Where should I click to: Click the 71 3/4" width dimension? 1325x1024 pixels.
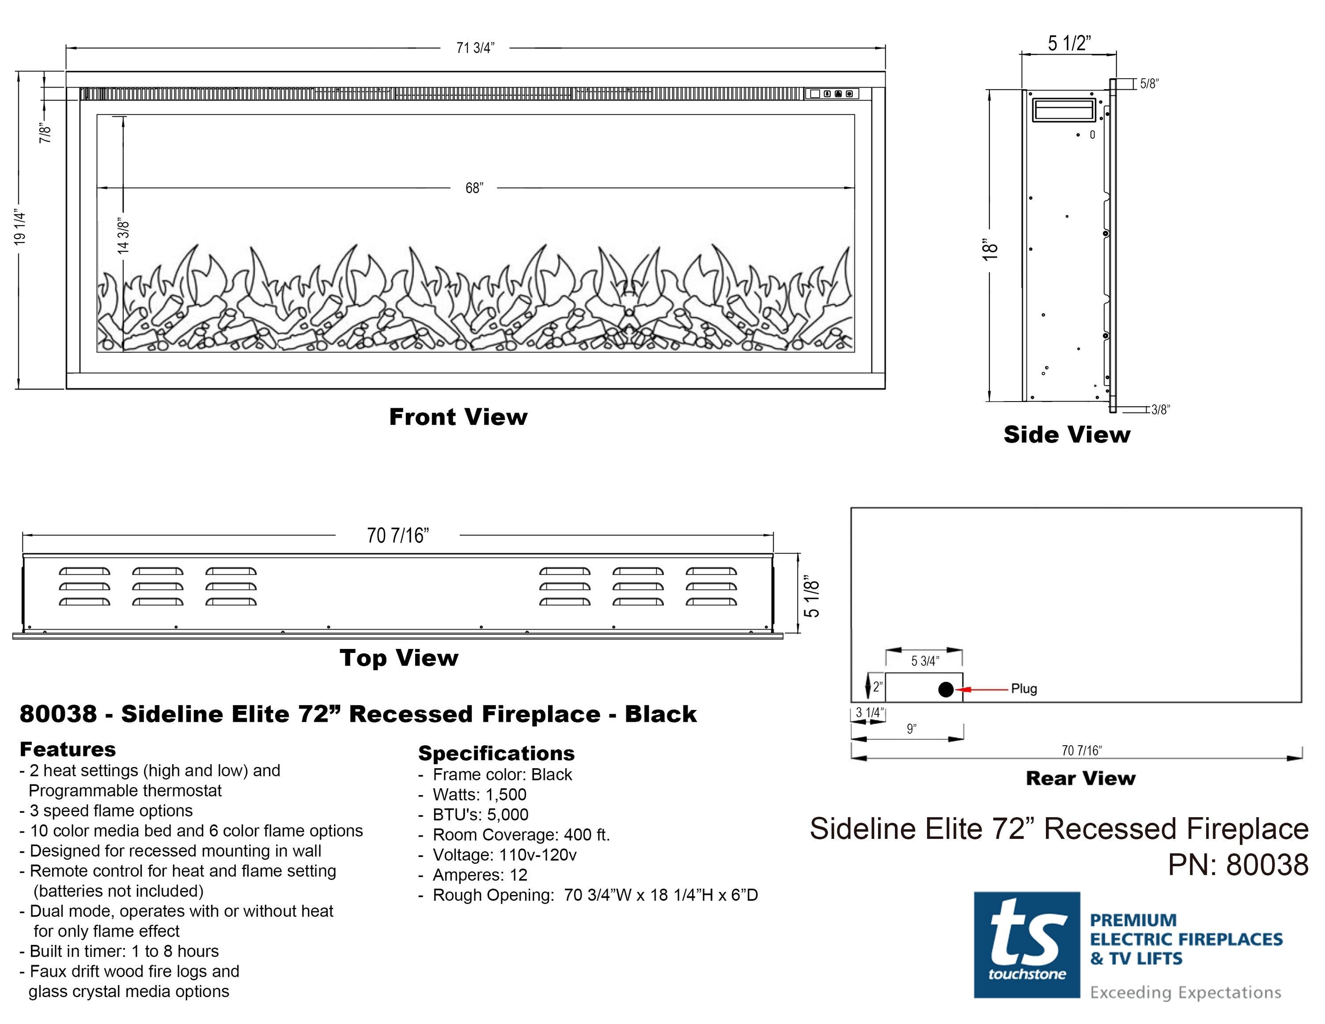pyautogui.click(x=475, y=48)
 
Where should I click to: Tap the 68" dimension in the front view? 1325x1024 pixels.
pyautogui.click(x=474, y=188)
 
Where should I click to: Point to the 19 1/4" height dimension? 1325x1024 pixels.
pyautogui.click(x=20, y=228)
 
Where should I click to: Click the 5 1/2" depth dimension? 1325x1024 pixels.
pyautogui.click(x=1069, y=43)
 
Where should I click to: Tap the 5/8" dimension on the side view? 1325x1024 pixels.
pyautogui.click(x=1148, y=84)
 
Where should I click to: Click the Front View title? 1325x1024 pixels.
pyautogui.click(x=458, y=417)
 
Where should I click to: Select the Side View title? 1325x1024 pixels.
pyautogui.click(x=1067, y=434)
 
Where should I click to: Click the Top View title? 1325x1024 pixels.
pyautogui.click(x=398, y=658)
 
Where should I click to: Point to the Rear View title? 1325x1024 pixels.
pyautogui.click(x=1080, y=778)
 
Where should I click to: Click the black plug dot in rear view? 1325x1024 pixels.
pyautogui.click(x=945, y=689)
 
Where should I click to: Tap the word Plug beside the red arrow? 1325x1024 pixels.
pyautogui.click(x=1024, y=689)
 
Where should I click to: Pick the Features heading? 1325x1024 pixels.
pyautogui.click(x=67, y=749)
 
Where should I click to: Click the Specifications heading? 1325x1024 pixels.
pyautogui.click(x=496, y=754)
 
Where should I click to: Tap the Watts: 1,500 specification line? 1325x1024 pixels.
pyautogui.click(x=479, y=795)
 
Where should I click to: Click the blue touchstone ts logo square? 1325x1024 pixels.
pyautogui.click(x=1026, y=944)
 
